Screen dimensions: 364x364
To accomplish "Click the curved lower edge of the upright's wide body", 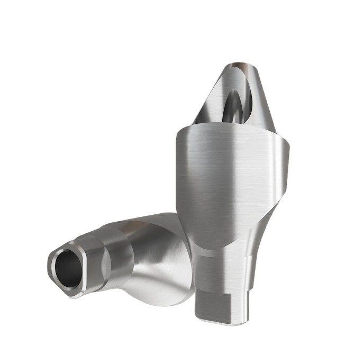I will (212, 244).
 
